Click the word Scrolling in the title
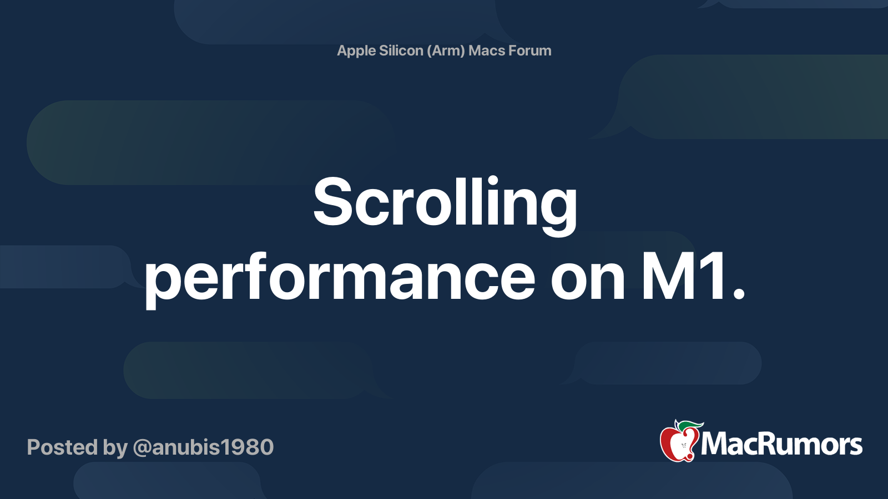[x=445, y=206]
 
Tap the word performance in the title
[x=340, y=279]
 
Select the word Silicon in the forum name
[x=401, y=50]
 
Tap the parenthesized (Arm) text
[x=446, y=50]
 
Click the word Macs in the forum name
[x=486, y=50]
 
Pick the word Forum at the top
[x=529, y=50]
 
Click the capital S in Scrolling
[x=332, y=201]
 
